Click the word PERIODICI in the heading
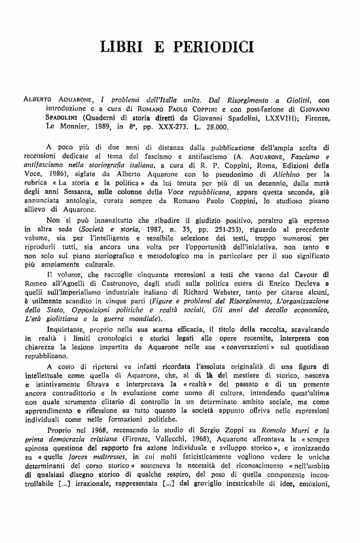216,47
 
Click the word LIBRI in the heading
124,47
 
